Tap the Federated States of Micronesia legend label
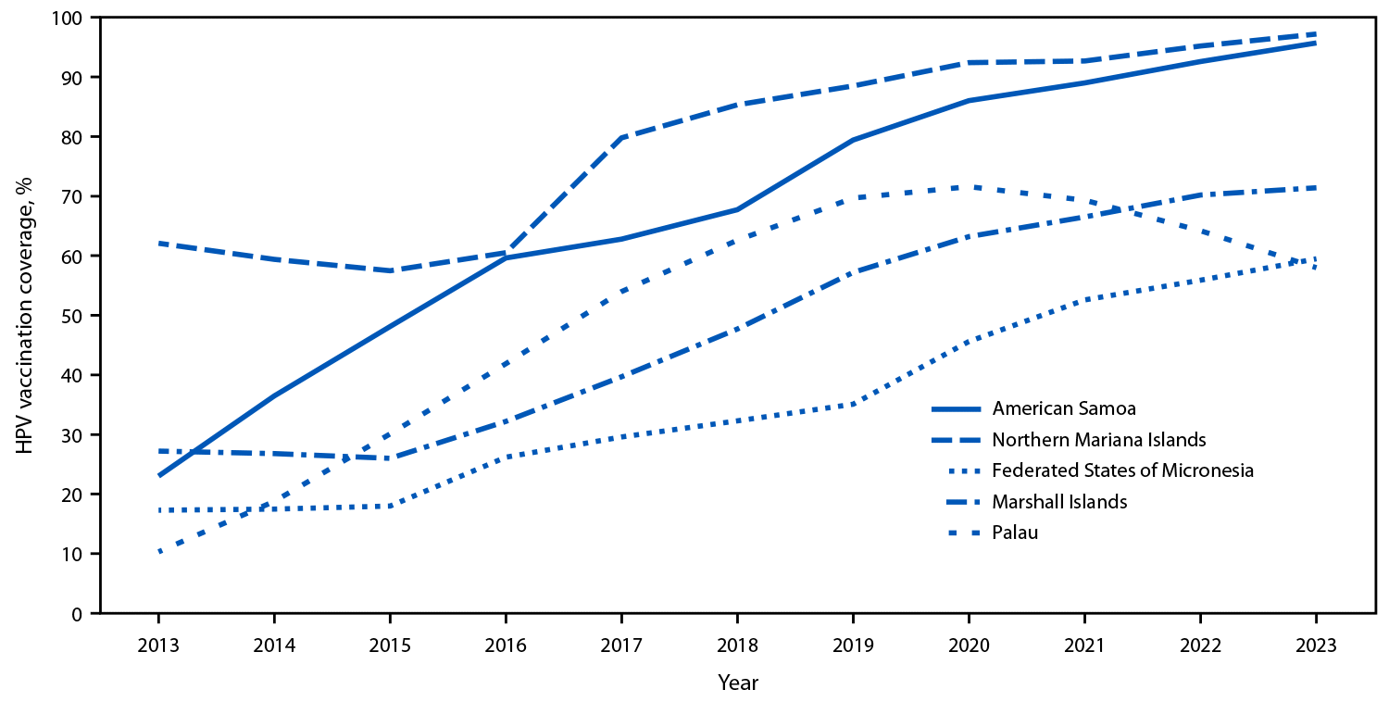pyautogui.click(x=1122, y=470)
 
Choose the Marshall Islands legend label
pyautogui.click(x=1059, y=501)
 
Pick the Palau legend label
pyautogui.click(x=1015, y=533)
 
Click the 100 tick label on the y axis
pyautogui.click(x=71, y=18)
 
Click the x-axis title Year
pyautogui.click(x=737, y=683)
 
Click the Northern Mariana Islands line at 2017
pyautogui.click(x=621, y=138)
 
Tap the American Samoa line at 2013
pyautogui.click(x=159, y=476)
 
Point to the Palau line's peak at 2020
pyautogui.click(x=969, y=187)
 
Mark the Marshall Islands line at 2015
pyautogui.click(x=390, y=458)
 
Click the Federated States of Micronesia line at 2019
pyautogui.click(x=853, y=404)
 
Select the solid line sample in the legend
pyautogui.click(x=957, y=407)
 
